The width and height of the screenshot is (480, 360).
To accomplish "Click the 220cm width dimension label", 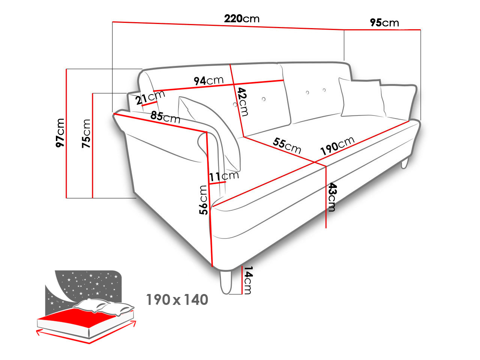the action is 241,19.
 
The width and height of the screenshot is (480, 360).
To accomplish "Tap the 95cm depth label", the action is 384,22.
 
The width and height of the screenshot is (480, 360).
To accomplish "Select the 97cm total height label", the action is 60,133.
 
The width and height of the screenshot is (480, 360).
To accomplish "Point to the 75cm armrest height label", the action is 86,133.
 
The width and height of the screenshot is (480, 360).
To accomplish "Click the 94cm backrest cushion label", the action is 208,81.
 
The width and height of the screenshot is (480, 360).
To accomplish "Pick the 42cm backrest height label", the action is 243,102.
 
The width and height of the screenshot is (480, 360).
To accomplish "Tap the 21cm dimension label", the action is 150,97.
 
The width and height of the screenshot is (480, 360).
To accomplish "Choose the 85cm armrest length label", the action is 165,117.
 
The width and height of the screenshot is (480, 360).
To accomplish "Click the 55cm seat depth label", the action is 287,145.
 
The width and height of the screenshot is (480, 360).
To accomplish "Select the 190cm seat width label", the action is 337,146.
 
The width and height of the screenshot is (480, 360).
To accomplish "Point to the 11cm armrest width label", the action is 224,176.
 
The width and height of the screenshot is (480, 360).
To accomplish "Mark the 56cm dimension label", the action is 203,200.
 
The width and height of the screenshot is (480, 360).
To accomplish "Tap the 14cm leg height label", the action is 248,280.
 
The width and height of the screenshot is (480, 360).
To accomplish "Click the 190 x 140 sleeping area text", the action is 177,300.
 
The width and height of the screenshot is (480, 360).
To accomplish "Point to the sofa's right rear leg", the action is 405,163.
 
